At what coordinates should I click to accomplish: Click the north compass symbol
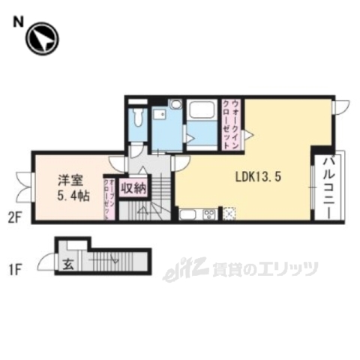click(x=42, y=40)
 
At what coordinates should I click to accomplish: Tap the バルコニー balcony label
click(x=328, y=187)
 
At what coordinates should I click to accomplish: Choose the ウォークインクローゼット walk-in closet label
click(x=235, y=124)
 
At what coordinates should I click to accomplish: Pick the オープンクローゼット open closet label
click(x=109, y=199)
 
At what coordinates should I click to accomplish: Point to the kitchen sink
click(x=187, y=214)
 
